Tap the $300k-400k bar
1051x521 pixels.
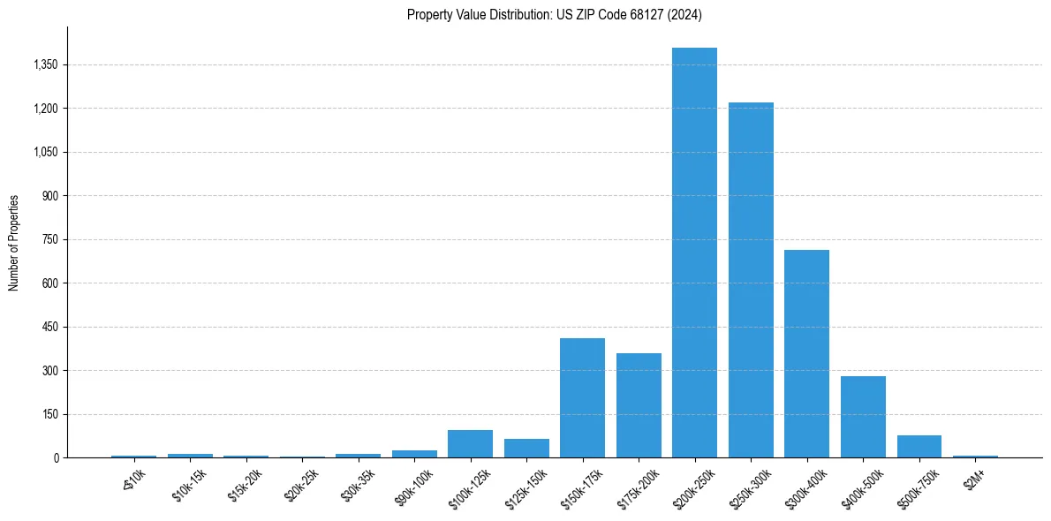click(806, 353)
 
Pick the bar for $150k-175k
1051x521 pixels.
click(582, 397)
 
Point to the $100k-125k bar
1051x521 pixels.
click(470, 444)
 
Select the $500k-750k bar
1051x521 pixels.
click(919, 447)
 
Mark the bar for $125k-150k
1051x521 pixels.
click(526, 449)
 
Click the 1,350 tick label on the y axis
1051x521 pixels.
click(44, 65)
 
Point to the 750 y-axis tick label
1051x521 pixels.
click(49, 239)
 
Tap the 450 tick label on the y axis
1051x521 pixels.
click(49, 327)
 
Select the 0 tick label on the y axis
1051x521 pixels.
click(56, 458)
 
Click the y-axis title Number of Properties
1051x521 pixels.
click(14, 242)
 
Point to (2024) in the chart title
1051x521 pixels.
click(686, 15)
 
